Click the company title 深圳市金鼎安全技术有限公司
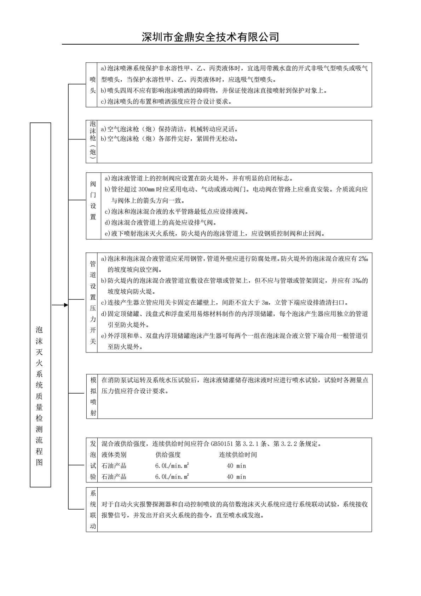[x=210, y=37]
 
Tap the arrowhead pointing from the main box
[x=66, y=305]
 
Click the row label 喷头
[x=93, y=85]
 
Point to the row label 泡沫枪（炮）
[x=93, y=141]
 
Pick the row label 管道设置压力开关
[x=93, y=303]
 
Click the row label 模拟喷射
[x=93, y=396]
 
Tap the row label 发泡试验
[x=93, y=460]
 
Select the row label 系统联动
[x=93, y=510]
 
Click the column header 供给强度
[x=168, y=455]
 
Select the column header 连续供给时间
[x=238, y=455]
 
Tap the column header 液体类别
[x=114, y=455]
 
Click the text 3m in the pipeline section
[x=265, y=303]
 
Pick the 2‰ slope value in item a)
[x=363, y=259]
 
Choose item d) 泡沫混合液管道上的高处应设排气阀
[x=160, y=223]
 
